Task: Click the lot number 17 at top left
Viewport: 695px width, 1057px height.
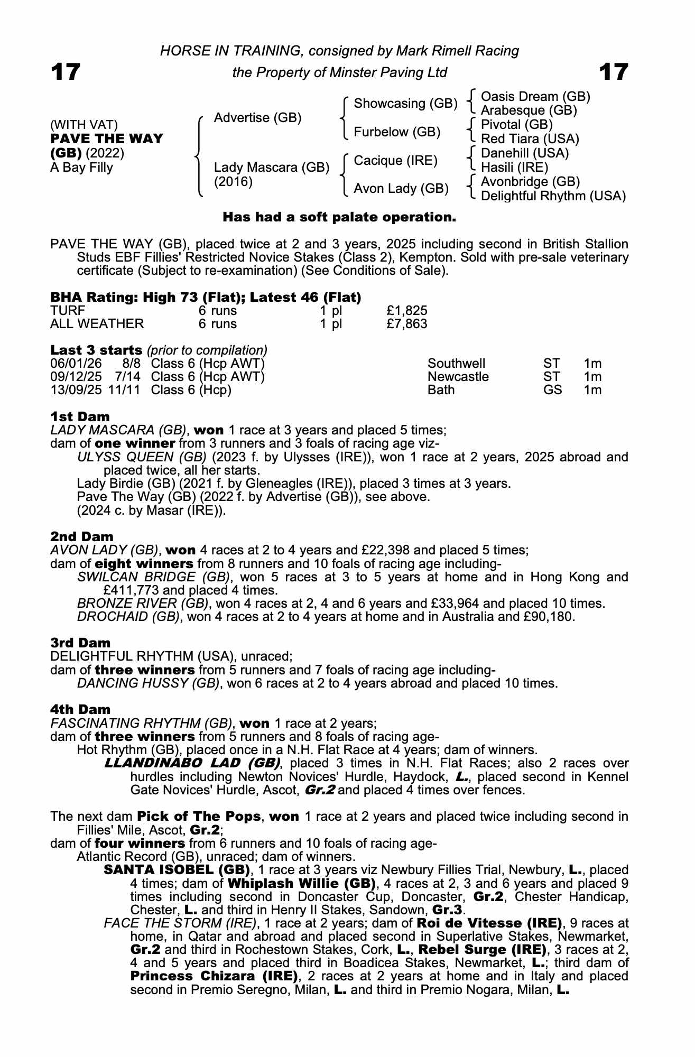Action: coord(66,72)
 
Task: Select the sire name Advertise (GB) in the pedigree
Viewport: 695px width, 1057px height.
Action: coord(257,117)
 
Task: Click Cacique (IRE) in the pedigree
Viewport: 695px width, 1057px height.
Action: coord(395,160)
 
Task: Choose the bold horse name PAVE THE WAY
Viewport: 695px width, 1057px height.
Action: coord(107,139)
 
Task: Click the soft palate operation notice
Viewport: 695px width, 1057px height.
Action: coord(339,217)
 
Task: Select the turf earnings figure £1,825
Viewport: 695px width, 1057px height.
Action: coord(407,311)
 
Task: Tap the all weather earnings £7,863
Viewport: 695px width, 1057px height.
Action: coord(407,323)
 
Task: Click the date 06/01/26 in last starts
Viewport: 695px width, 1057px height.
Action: coord(72,364)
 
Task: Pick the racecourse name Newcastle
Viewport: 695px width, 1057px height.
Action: coord(458,377)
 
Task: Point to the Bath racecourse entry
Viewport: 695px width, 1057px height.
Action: coord(441,390)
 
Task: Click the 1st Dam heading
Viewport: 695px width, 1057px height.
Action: coord(80,416)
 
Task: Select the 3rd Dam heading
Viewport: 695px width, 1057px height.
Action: coord(80,643)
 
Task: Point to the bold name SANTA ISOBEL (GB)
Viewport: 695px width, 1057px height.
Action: coord(177,870)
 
